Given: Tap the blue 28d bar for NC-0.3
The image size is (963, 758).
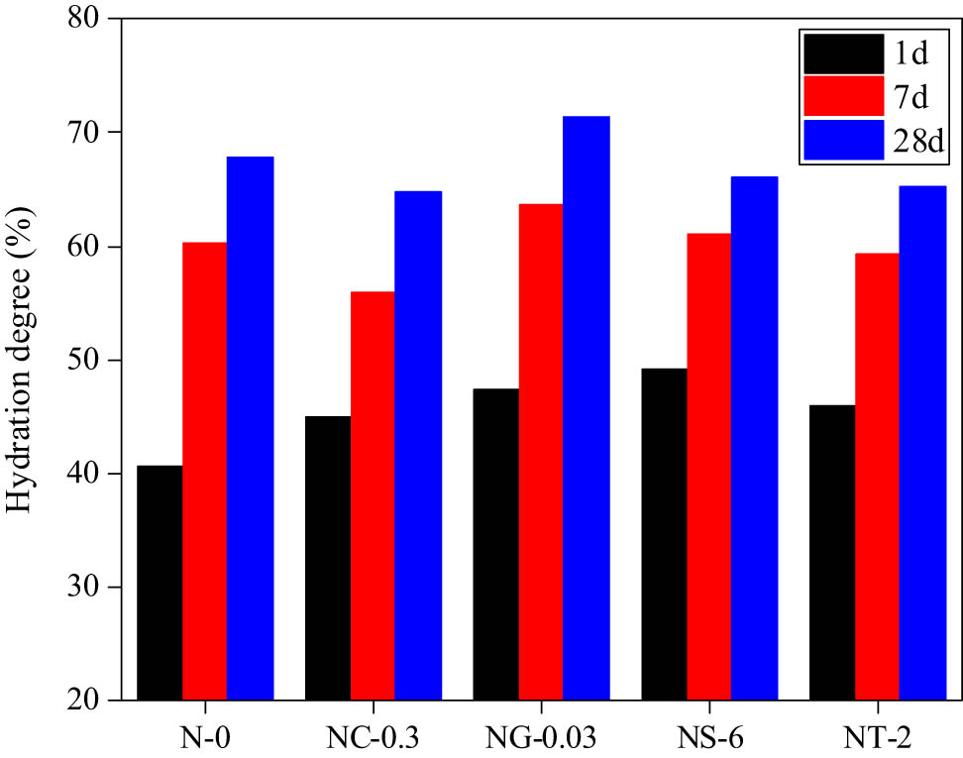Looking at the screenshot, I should (417, 445).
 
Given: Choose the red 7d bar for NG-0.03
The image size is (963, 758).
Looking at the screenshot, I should (541, 452).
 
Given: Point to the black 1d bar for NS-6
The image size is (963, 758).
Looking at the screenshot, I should (664, 534).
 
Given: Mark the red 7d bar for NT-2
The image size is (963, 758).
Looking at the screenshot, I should (878, 477).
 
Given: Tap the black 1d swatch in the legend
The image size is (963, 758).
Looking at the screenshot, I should (843, 53).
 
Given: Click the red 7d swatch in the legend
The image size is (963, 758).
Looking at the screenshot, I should (843, 96).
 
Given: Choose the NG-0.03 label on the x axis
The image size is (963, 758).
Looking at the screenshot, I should (541, 736).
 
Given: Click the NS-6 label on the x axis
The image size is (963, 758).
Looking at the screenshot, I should (708, 736).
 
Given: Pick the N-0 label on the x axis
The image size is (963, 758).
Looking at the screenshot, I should (204, 736).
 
